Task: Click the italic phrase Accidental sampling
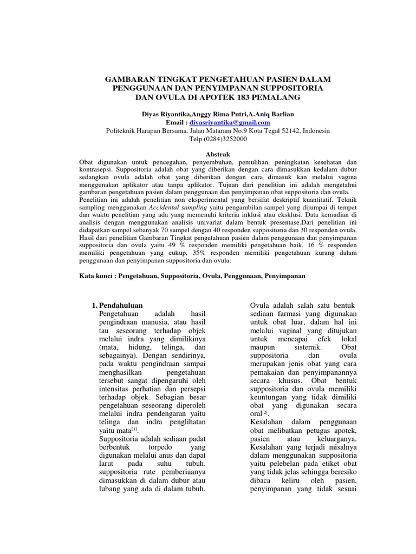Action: [177, 207]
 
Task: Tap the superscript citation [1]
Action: [133, 428]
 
